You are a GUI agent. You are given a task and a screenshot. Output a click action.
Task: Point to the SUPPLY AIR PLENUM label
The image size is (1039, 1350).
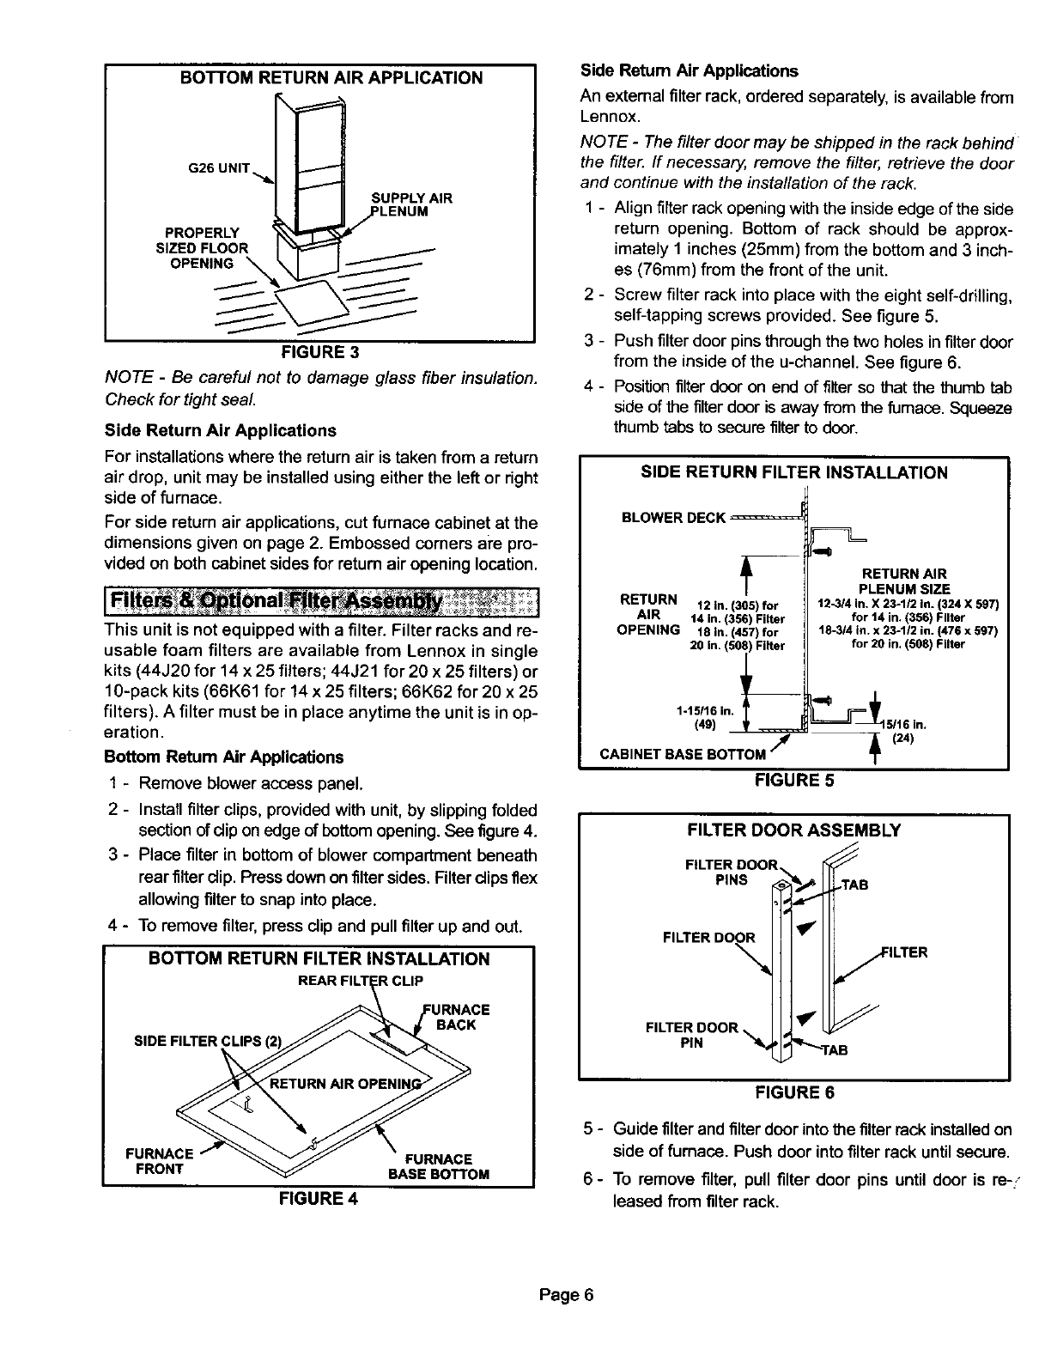pos(410,204)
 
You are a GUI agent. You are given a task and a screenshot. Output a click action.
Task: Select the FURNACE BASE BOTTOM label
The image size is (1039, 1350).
pos(439,1167)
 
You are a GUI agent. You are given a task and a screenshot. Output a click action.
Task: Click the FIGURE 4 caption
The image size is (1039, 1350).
pos(317,1200)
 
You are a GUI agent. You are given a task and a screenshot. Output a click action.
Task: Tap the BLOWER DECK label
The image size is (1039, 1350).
pos(673,518)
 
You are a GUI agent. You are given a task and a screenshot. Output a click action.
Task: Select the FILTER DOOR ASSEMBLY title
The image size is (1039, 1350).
pos(794,830)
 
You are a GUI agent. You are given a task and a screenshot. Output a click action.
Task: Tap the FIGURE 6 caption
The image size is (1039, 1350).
pos(794,1093)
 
